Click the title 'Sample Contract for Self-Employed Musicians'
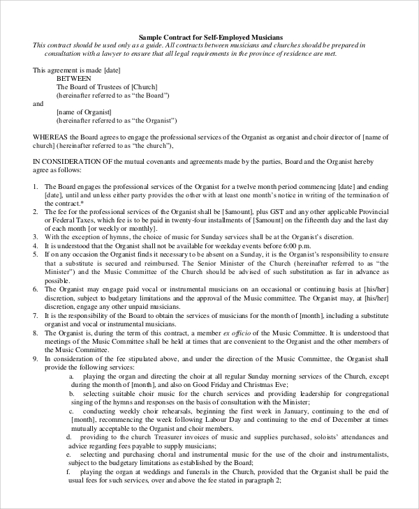pos(210,36)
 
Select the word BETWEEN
pos(73,78)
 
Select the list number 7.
pos(36,316)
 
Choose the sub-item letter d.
pos(69,436)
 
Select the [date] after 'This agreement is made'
pos(114,70)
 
